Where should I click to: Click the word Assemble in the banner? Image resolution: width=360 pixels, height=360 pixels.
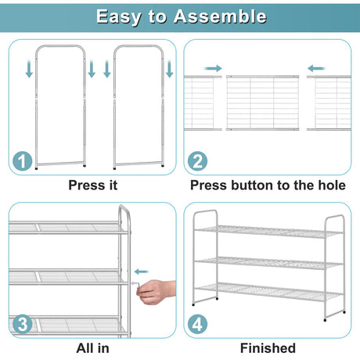tap(220, 16)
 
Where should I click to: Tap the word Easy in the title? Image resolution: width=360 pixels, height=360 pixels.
tap(118, 17)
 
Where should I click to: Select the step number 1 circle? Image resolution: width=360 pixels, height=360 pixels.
tap(23, 161)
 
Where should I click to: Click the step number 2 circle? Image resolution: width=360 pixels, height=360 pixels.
tap(197, 161)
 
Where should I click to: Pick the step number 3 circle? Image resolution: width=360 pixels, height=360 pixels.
tap(23, 324)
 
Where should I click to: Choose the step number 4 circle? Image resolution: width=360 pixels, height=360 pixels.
tap(197, 324)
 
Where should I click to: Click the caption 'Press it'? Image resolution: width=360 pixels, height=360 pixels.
tap(93, 185)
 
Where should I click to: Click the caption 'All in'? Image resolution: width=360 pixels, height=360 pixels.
tap(92, 348)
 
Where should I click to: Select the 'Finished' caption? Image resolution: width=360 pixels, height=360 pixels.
tap(268, 348)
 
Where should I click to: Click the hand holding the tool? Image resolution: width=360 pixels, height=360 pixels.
tap(156, 292)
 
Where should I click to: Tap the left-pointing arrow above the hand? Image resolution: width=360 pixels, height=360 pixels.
tap(142, 272)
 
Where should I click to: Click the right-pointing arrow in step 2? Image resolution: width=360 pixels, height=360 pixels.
tap(213, 68)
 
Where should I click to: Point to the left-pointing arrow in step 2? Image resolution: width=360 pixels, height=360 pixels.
tap(316, 69)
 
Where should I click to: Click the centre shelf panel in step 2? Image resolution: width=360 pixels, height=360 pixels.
tap(262, 103)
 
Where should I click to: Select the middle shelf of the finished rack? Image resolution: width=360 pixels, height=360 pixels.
tap(268, 263)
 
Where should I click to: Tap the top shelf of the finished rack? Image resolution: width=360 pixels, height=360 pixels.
tap(268, 232)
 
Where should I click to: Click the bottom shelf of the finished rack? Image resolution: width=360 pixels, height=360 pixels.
tap(268, 292)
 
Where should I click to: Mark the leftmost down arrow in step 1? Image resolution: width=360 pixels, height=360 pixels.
tap(29, 68)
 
